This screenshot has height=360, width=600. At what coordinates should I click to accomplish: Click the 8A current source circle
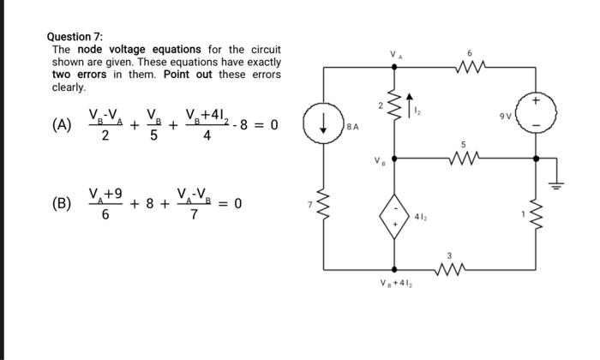tap(325, 127)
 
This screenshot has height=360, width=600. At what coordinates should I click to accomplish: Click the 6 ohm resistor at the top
tap(470, 65)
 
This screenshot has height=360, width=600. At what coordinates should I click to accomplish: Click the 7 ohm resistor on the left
tap(325, 206)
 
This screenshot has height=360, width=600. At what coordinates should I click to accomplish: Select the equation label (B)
tap(61, 203)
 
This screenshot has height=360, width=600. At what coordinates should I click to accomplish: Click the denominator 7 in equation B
tap(194, 214)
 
